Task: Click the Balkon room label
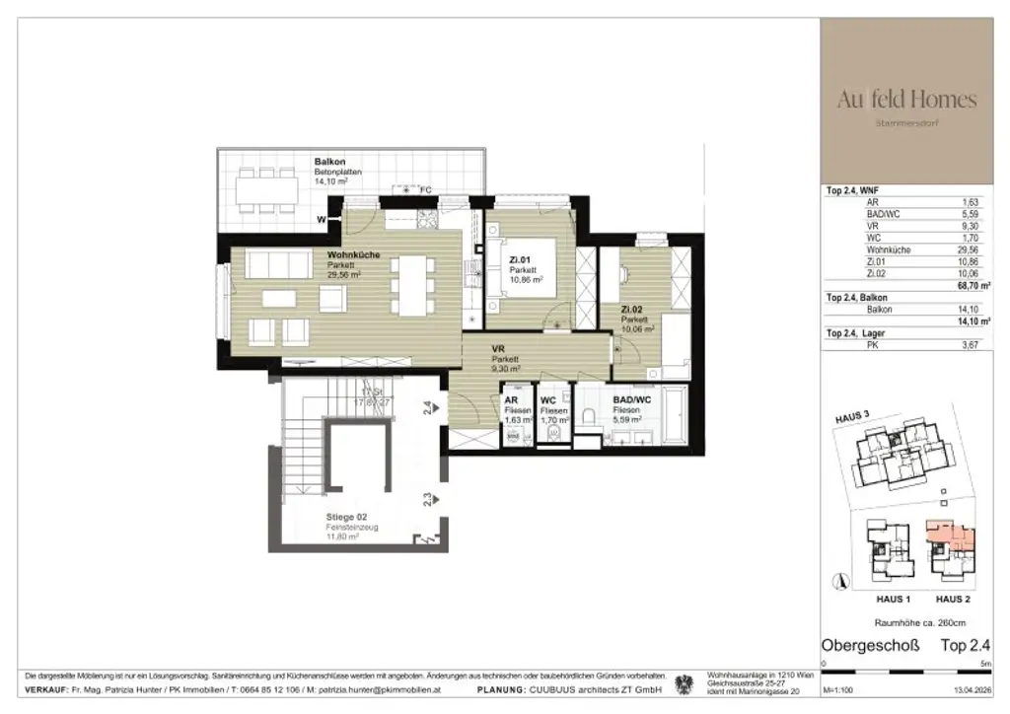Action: [x=330, y=161]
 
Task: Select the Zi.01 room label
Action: [x=521, y=260]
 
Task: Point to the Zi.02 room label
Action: [x=633, y=310]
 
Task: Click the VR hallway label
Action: [x=498, y=349]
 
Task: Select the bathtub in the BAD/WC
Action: [x=676, y=416]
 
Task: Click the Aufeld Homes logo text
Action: [x=906, y=100]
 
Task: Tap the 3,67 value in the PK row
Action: [x=976, y=344]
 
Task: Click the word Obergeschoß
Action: [x=870, y=646]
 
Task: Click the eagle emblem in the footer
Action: [x=682, y=682]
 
